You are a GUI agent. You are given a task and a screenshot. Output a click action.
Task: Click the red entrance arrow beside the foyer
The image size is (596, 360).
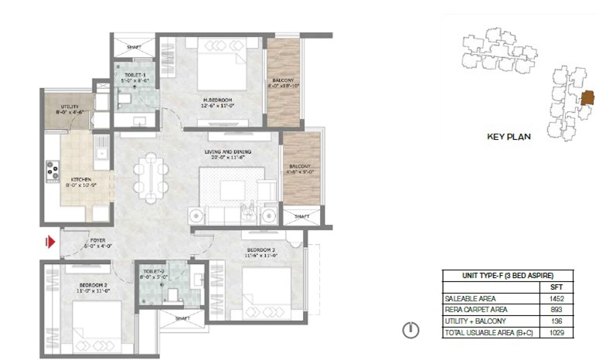[50, 243]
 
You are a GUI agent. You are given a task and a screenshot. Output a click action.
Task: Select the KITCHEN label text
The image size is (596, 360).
[80, 182]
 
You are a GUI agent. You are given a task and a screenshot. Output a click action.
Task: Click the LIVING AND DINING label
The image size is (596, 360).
[229, 154]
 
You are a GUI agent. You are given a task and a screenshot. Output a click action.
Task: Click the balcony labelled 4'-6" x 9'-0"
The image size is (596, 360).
[301, 169]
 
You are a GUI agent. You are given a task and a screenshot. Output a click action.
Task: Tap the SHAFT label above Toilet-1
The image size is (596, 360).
[134, 47]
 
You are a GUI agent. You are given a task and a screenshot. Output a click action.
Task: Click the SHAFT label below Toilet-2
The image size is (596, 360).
[182, 318]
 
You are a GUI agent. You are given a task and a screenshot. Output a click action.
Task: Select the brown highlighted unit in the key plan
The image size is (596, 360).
[587, 98]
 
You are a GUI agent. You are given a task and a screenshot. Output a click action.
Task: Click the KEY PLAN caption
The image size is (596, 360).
[508, 138]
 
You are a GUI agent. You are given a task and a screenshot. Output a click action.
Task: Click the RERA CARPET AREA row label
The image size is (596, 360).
[471, 309]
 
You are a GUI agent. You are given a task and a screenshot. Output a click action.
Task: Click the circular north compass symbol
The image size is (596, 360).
[411, 331]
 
